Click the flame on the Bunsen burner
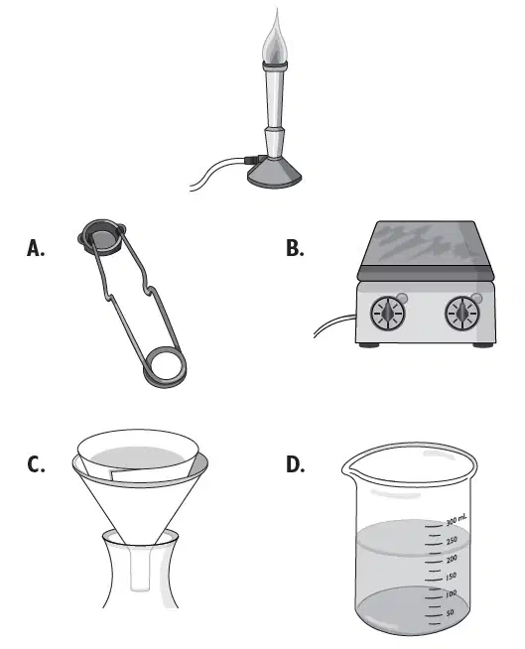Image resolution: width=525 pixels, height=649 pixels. coord(275,40)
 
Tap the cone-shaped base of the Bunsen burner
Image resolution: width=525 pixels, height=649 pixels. coord(275,174)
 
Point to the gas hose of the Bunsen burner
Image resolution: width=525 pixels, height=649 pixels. coord(219,172)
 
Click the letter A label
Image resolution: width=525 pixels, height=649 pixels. coord(36,248)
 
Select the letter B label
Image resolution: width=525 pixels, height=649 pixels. coord(295,248)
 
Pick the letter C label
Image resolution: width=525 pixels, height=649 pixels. coord(36,464)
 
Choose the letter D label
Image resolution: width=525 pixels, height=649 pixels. coord(295,464)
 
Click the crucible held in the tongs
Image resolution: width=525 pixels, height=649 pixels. coord(101,237)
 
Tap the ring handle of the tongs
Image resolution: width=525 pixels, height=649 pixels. coord(165,367)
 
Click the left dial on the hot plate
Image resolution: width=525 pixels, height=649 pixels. coord(388,314)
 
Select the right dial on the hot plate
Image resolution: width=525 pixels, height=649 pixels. coord(462,314)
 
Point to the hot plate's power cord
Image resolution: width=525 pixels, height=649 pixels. coord(334,324)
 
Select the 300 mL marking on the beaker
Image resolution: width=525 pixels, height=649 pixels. coord(457,519)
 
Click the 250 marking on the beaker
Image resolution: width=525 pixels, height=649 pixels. coord(452,540)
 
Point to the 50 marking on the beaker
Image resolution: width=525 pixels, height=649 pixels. coord(450,612)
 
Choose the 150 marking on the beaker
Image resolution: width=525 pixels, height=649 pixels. coord(451,577)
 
